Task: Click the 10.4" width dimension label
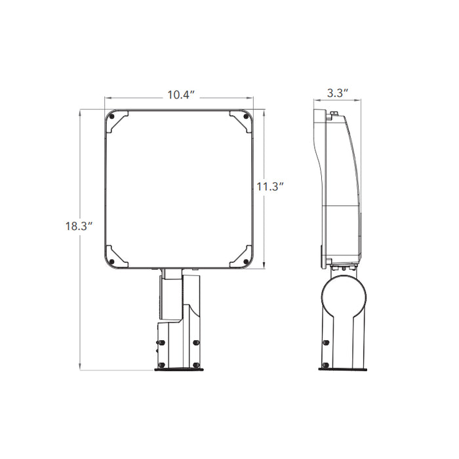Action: (178, 95)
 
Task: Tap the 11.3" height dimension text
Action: (269, 187)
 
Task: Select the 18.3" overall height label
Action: (78, 226)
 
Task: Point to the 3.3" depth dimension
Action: (337, 94)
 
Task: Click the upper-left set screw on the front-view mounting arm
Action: (158, 342)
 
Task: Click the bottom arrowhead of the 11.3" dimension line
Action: (263, 268)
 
